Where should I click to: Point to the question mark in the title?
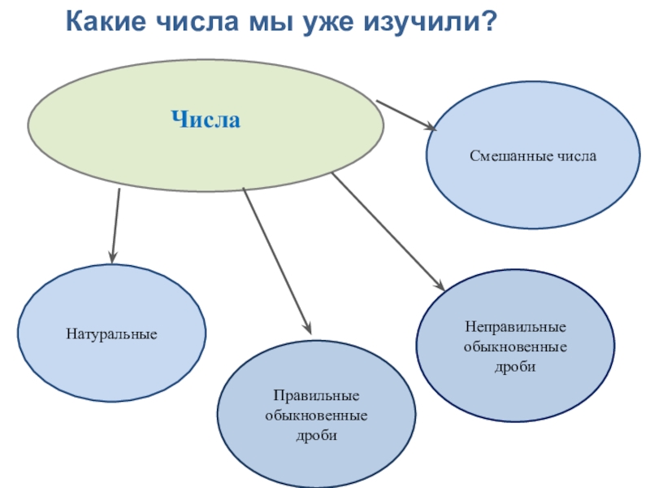click(488, 20)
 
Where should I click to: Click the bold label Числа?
click(206, 121)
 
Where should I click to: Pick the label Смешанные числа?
click(533, 155)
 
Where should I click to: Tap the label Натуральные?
click(111, 333)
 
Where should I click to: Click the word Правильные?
click(316, 396)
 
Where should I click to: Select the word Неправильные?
click(515, 327)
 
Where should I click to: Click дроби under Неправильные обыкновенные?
click(515, 368)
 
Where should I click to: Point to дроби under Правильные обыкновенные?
click(316, 437)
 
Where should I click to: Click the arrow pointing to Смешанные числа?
click(406, 115)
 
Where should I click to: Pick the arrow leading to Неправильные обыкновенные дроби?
click(387, 231)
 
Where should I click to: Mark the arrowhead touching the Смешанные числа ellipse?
click(430, 126)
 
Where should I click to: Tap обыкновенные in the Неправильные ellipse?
click(515, 347)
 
